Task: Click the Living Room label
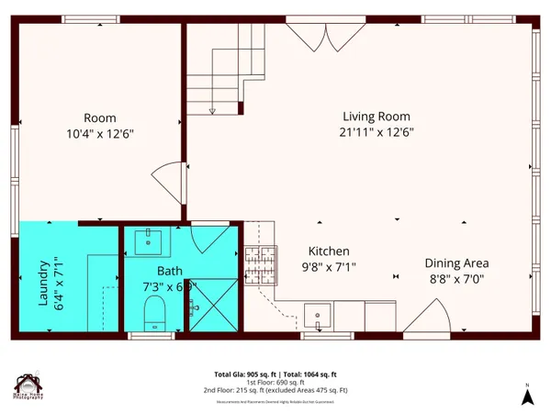click(x=377, y=117)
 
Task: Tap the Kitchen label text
click(x=329, y=251)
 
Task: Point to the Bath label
click(x=170, y=272)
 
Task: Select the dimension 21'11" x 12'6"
click(x=377, y=132)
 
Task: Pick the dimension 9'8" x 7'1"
click(x=328, y=267)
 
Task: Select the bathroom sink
click(x=150, y=241)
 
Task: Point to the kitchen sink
click(x=319, y=315)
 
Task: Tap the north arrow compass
click(x=528, y=395)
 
